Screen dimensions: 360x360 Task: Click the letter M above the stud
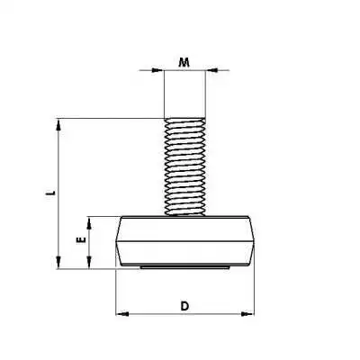tap(184, 62)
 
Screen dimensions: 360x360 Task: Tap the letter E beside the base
tap(79, 241)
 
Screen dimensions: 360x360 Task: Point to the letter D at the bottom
tap(184, 305)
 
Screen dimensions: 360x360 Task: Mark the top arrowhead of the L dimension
tap(60, 121)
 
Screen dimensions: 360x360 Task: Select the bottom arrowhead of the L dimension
tap(60, 264)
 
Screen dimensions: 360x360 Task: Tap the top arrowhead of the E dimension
tap(89, 220)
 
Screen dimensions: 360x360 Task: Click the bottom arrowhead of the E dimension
tap(89, 264)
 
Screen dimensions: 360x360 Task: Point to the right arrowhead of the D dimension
tap(249, 314)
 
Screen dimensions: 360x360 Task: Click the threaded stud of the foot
tap(185, 166)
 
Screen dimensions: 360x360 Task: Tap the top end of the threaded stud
tap(185, 118)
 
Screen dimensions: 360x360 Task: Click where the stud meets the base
tap(185, 215)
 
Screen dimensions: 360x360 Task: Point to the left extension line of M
tap(164, 90)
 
